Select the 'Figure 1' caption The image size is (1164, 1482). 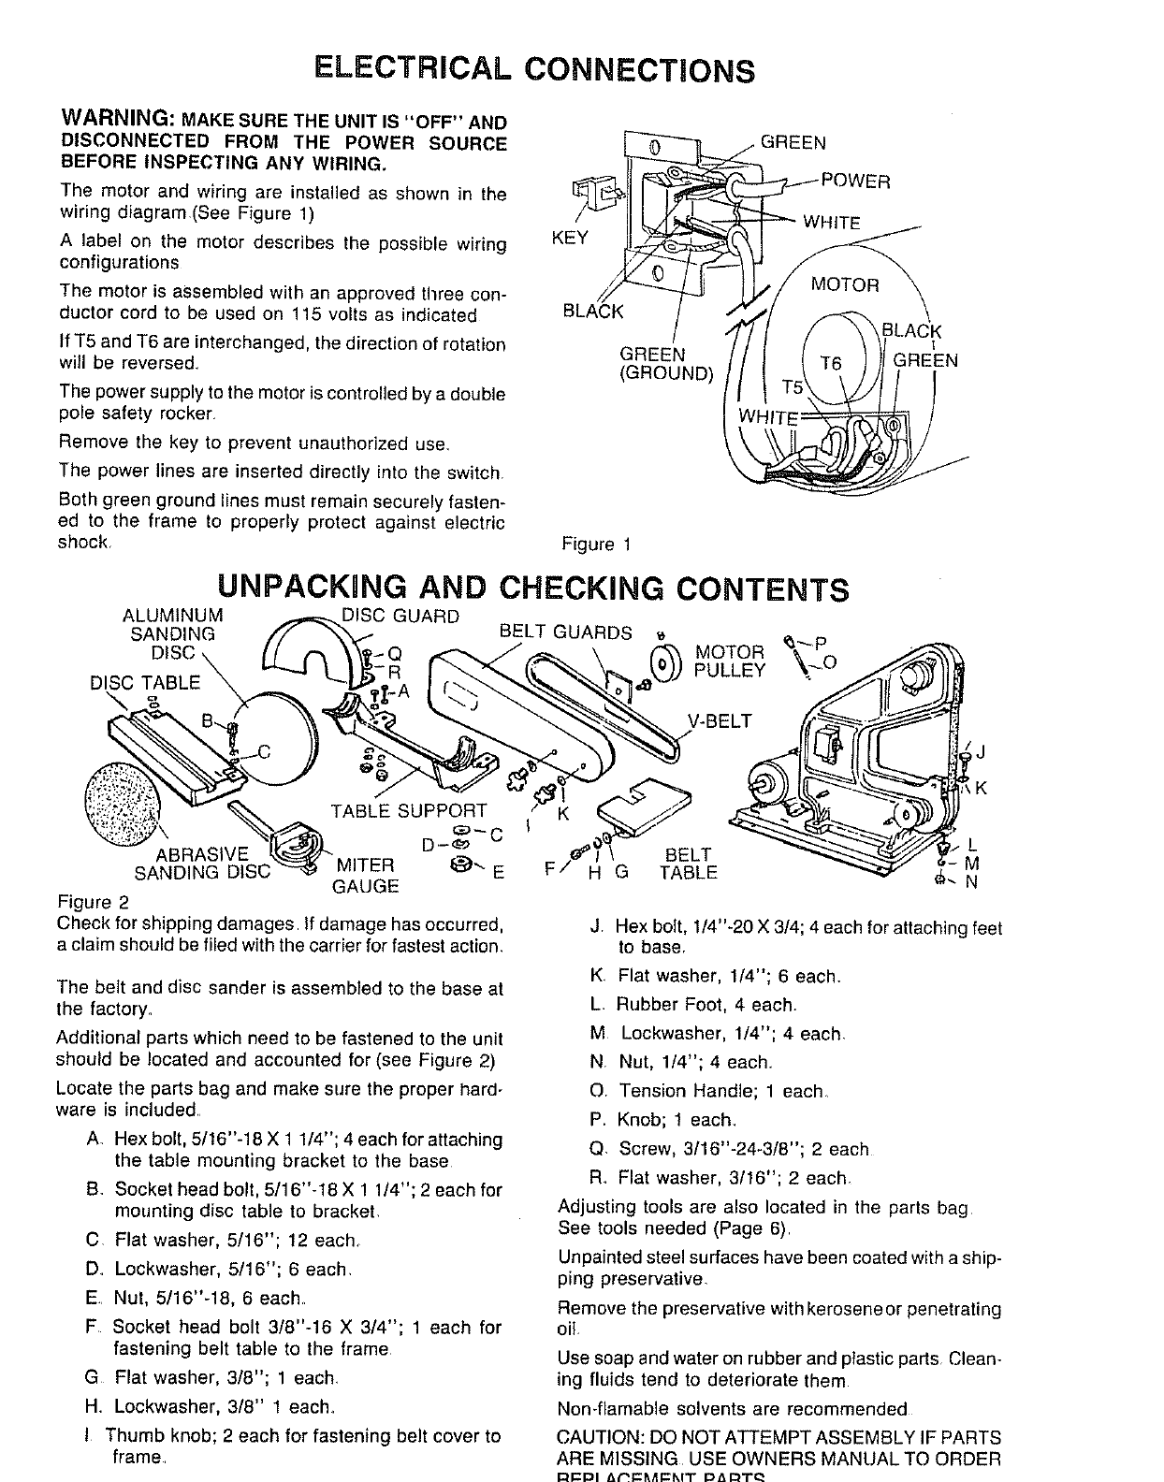tap(589, 544)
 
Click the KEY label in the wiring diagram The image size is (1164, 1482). tap(570, 238)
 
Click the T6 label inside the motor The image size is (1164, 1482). tap(832, 363)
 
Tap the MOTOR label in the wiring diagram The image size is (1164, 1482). tap(845, 284)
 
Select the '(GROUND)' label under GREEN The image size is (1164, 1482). tap(665, 373)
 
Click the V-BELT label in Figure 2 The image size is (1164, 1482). tap(720, 720)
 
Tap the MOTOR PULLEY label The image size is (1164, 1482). tap(730, 661)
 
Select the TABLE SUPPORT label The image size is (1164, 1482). tap(409, 810)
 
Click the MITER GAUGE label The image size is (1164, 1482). tap(366, 875)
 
